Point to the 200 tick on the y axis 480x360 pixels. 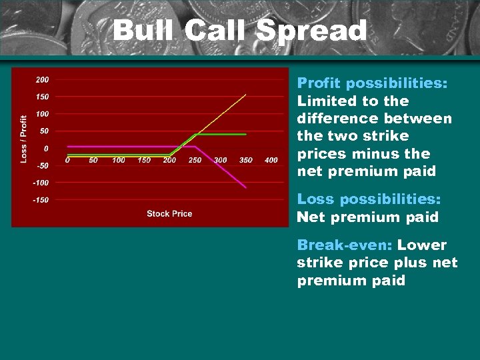[x=42, y=79]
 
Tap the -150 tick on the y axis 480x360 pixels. [x=41, y=200]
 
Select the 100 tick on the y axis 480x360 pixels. [x=42, y=114]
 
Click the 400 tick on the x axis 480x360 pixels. [x=271, y=160]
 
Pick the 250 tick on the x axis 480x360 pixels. [x=195, y=160]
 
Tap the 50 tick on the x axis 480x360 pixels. [x=93, y=160]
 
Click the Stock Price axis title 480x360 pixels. [x=169, y=214]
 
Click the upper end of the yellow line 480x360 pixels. [x=246, y=95]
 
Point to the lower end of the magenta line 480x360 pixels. [x=246, y=187]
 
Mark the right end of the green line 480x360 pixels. [x=246, y=134]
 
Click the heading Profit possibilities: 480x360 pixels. [x=372, y=83]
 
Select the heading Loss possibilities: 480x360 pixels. [x=369, y=199]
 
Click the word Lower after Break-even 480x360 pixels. [x=422, y=245]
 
